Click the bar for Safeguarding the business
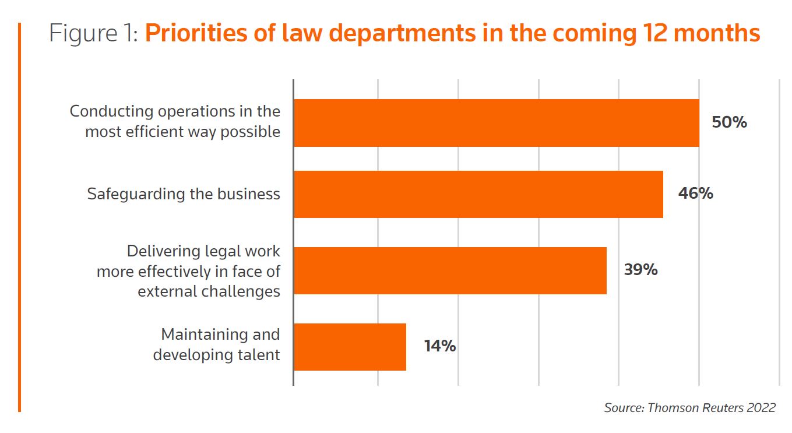click(x=478, y=194)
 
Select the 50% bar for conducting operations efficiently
click(x=496, y=122)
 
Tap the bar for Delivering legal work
click(x=450, y=270)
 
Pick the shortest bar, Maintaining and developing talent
click(x=350, y=347)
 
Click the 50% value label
click(x=729, y=123)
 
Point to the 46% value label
click(x=695, y=193)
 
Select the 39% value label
click(x=640, y=270)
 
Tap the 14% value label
click(x=440, y=346)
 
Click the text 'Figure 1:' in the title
click(x=94, y=34)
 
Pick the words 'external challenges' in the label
click(x=209, y=291)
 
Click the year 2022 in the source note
click(x=761, y=408)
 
